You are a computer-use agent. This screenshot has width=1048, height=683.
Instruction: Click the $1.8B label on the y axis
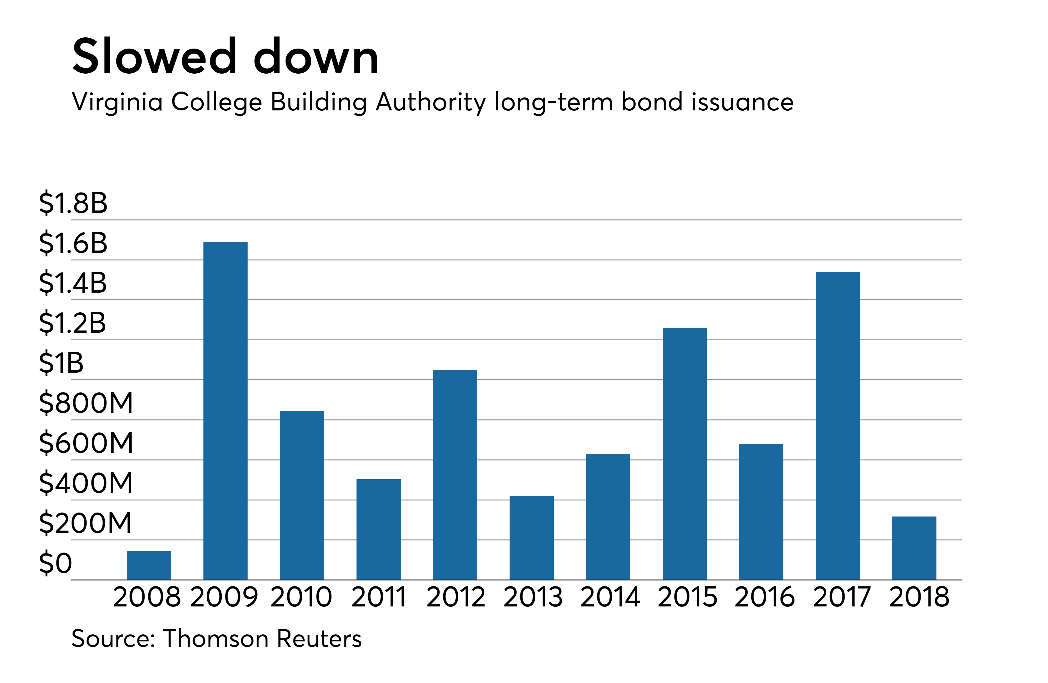[x=73, y=203]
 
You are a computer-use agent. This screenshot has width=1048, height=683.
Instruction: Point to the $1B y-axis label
[x=61, y=363]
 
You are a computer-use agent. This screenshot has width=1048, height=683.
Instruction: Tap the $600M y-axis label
[x=86, y=443]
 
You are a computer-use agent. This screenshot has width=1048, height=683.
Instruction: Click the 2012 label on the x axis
[x=455, y=598]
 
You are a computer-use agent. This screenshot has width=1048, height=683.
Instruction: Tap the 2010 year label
[x=301, y=598]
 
